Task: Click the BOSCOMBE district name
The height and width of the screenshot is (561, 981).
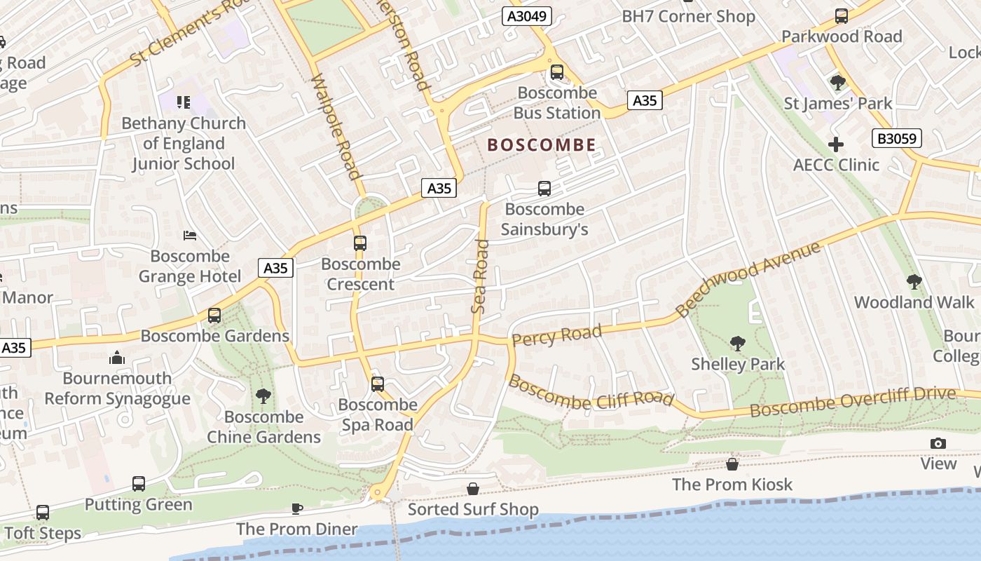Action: click(x=542, y=145)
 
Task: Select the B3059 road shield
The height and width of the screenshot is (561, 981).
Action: click(x=897, y=138)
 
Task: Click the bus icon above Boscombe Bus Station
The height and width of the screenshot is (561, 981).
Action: click(x=557, y=72)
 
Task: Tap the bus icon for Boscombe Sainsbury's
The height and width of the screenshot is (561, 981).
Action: click(x=544, y=188)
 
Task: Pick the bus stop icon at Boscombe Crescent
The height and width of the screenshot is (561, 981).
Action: click(x=360, y=243)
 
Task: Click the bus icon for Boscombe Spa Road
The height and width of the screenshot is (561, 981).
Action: click(x=378, y=384)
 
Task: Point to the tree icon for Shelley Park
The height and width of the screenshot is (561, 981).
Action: click(x=737, y=343)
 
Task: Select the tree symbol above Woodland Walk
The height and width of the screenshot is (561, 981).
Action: click(x=914, y=282)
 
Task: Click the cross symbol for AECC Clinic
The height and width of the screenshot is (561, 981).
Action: click(x=836, y=144)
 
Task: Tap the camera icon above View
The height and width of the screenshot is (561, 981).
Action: click(x=938, y=443)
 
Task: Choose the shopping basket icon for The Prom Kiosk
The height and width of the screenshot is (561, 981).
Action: click(x=732, y=464)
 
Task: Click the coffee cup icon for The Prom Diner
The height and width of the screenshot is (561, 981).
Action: click(x=296, y=508)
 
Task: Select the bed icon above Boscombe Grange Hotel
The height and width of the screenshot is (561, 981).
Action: click(x=190, y=235)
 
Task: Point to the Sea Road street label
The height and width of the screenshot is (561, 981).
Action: click(x=480, y=276)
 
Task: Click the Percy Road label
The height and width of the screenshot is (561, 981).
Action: click(x=556, y=335)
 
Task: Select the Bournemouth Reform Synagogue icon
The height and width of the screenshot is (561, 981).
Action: click(x=117, y=358)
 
